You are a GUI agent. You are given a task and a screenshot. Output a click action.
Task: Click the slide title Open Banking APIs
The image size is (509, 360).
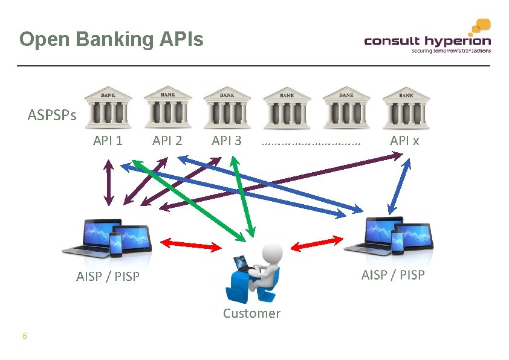[111, 40]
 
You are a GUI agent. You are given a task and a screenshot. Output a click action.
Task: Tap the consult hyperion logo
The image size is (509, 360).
[427, 39]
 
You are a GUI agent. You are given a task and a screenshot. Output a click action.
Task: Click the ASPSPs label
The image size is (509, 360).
[52, 115]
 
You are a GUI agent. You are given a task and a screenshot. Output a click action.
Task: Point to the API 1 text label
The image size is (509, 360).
[108, 141]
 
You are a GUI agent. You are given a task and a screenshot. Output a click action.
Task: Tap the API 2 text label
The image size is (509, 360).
[167, 141]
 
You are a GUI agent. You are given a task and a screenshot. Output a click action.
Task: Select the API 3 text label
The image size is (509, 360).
[227, 141]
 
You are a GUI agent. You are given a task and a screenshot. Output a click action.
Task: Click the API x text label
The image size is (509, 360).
[404, 141]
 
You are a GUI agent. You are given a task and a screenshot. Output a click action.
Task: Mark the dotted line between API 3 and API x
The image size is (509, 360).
[311, 144]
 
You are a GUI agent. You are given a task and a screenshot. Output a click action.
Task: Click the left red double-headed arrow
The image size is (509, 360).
[191, 244]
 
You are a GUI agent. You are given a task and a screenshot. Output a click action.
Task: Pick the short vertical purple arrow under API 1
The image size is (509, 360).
[108, 181]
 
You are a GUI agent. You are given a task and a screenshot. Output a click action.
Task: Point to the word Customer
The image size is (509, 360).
[251, 313]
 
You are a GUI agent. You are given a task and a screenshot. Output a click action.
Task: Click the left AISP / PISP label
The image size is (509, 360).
[108, 277]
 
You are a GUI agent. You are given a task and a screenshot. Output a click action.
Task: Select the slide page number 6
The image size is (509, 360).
[24, 336]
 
